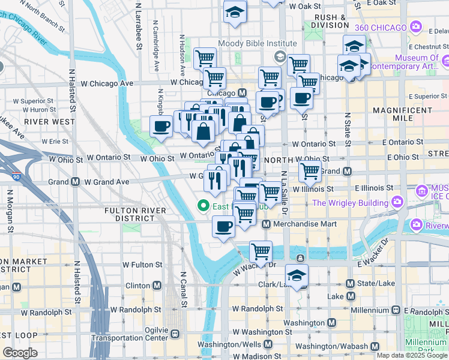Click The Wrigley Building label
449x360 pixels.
point(351,203)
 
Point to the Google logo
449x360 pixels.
point(20,352)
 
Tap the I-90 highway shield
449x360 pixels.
point(16,178)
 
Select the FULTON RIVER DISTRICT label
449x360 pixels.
point(139,214)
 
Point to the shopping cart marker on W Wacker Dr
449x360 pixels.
point(260,250)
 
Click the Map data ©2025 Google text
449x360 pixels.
point(412,355)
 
